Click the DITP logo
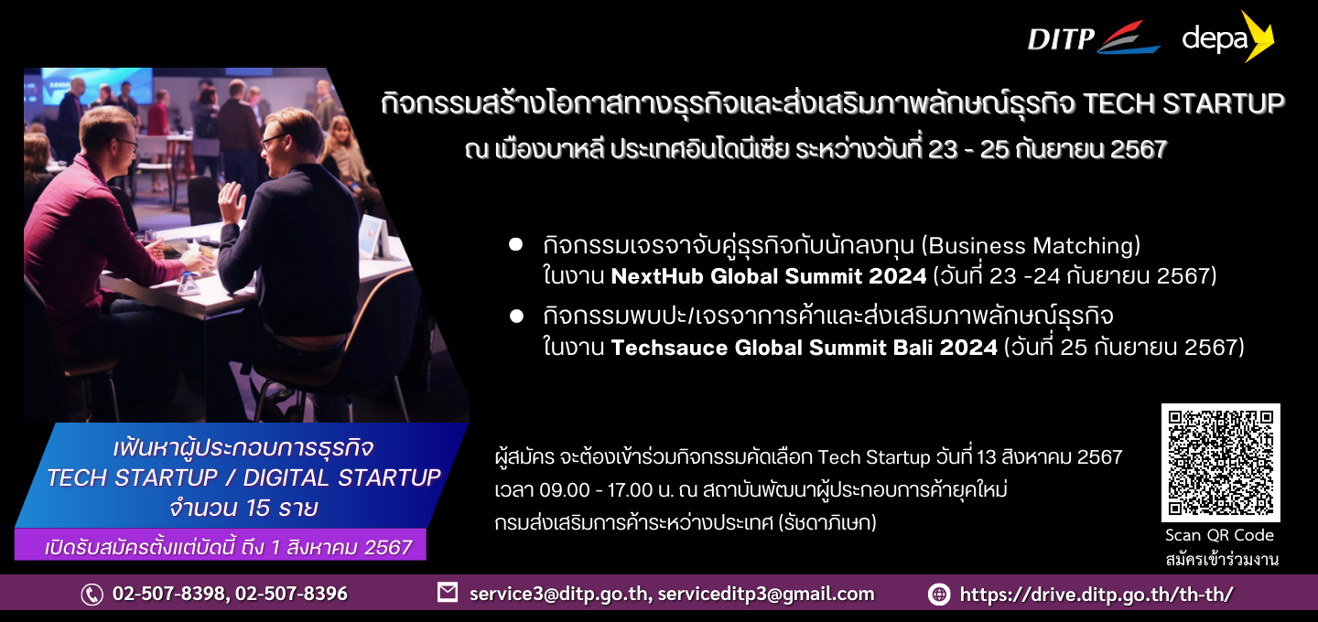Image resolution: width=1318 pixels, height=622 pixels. coord(1093,38)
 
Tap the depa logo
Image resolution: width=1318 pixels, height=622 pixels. coord(1228,37)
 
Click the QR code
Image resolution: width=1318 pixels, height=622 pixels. coord(1220,462)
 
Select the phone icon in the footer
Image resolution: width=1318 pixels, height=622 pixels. coord(92,595)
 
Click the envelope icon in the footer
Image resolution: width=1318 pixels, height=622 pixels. coord(448,593)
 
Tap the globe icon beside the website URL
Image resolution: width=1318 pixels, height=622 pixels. coord(939,595)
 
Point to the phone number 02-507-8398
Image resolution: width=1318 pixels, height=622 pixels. coord(169,594)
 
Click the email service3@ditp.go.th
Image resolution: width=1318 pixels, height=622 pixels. coord(559,595)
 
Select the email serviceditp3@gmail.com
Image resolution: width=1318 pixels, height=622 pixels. coord(766,595)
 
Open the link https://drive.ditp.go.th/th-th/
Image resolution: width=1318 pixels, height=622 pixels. coord(1097,595)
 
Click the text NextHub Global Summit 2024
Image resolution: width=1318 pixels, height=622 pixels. coord(769,276)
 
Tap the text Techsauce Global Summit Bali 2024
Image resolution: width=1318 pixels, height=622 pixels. coord(805,348)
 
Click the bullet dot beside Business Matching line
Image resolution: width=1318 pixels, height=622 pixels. coord(516,244)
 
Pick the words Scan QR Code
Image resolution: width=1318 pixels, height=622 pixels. coord(1220,536)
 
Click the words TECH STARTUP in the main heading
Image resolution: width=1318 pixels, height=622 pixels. coord(1183,104)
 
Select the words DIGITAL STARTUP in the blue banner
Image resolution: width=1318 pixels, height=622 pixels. coord(342,478)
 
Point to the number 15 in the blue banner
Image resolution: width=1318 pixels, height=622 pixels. coord(258,508)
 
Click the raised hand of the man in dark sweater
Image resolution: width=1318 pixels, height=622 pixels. coord(232,201)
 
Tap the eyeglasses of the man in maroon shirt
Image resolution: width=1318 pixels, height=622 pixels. coord(125,143)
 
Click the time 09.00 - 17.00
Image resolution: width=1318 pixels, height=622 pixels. coord(596,489)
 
